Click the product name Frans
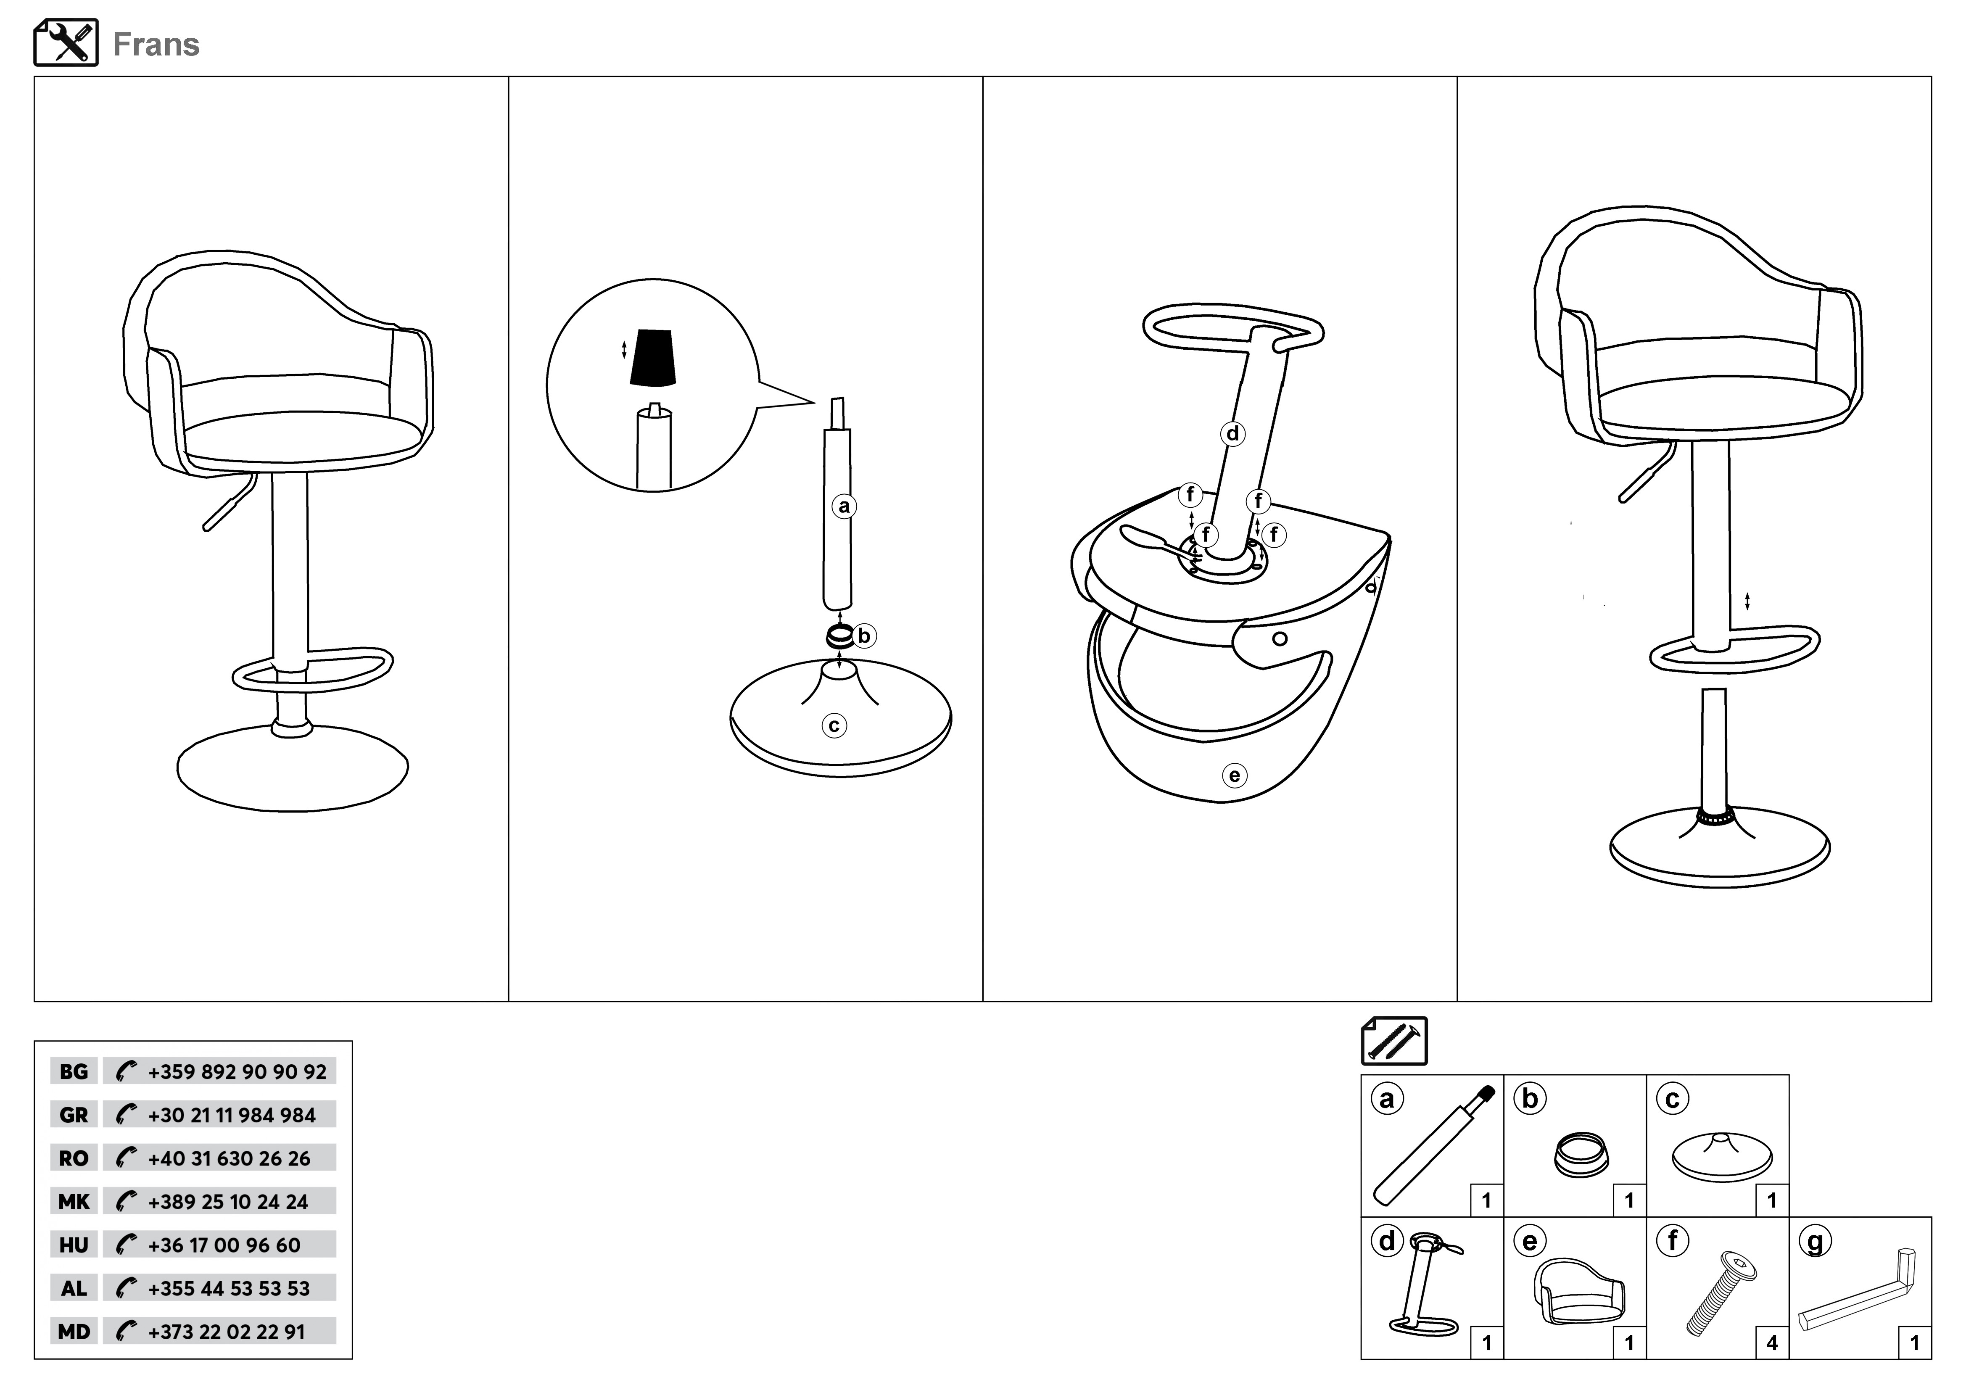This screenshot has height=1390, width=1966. [x=156, y=45]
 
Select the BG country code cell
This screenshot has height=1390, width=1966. [x=74, y=1071]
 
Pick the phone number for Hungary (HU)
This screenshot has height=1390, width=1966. [x=224, y=1245]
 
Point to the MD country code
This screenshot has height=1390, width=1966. [x=74, y=1332]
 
